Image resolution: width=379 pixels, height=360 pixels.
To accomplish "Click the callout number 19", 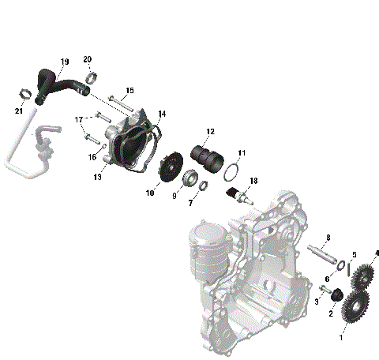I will point(65,61).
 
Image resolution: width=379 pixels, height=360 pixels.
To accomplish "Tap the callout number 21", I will point(18,111).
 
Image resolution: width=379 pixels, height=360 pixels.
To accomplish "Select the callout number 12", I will point(210,131).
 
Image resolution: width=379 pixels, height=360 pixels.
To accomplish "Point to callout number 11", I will point(242,152).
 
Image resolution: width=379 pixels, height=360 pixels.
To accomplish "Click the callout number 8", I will point(328,238).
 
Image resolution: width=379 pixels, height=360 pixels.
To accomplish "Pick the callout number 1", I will point(342,336).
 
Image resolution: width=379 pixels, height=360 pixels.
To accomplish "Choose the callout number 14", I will point(162,114).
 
